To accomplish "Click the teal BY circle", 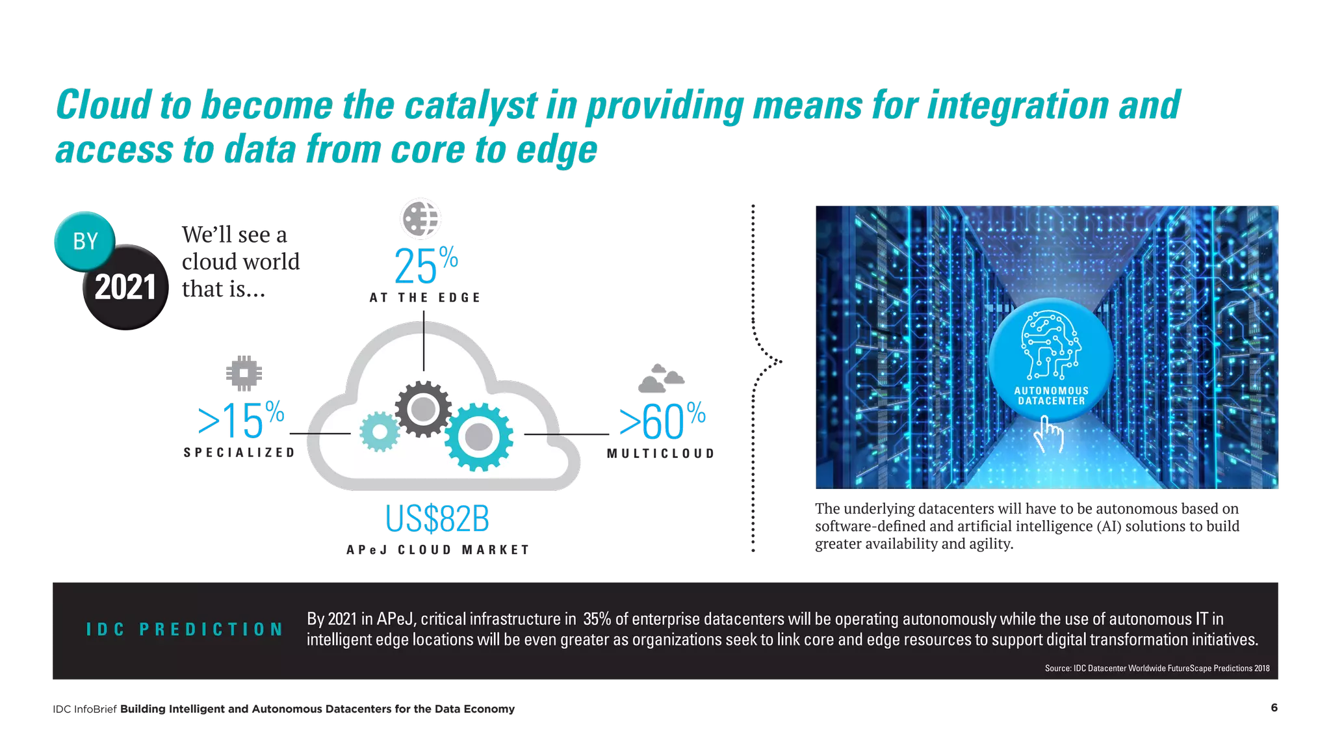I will pos(84,241).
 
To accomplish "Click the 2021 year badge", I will pos(125,287).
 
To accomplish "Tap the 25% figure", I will pos(426,266).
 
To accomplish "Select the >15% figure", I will pos(241,421).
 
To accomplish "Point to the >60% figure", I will pos(662,421).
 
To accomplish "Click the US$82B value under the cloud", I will pos(436,519).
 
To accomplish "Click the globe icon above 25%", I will pos(420,218).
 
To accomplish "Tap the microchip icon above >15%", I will pos(244,373).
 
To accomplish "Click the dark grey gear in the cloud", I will pos(423,409).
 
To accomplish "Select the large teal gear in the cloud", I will pos(479,436).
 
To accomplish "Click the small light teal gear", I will pos(379,431).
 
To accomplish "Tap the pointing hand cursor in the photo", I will pos(1048,434).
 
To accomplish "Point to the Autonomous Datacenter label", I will pos(1051,396).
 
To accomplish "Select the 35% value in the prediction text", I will pos(597,619).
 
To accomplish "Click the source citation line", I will pos(1157,668).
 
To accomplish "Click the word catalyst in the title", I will pos(471,105).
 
